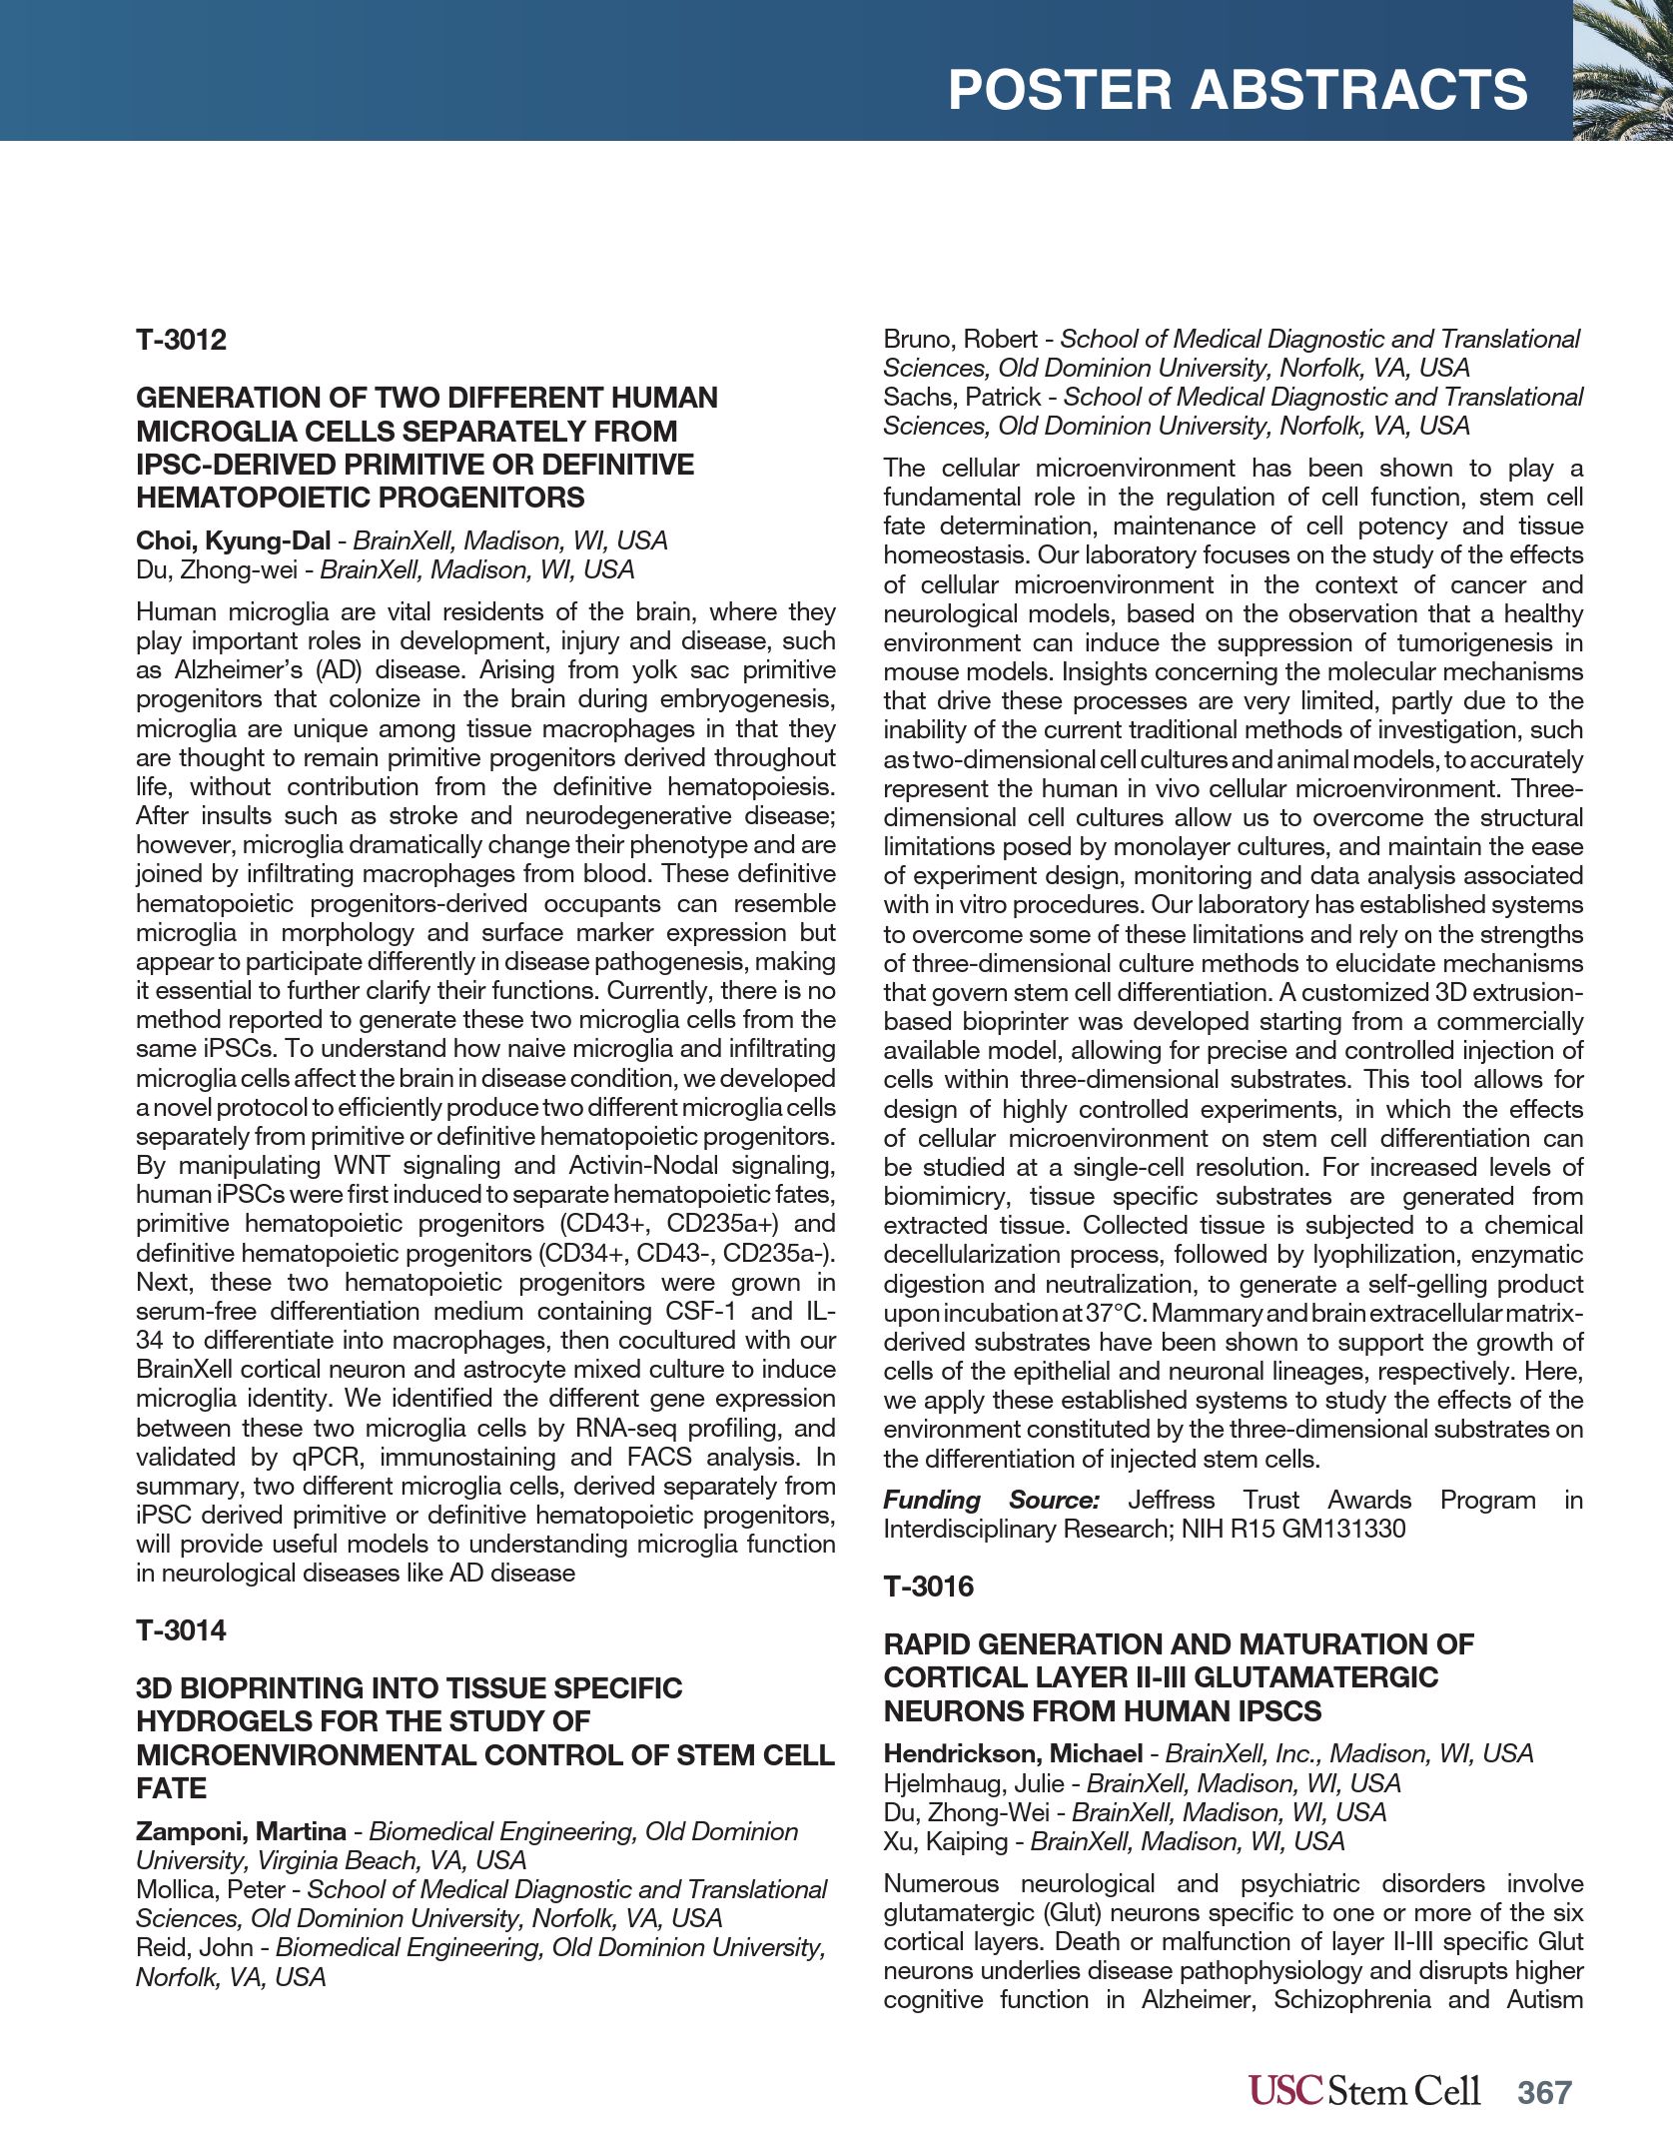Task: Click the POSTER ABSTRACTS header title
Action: pyautogui.click(x=1237, y=90)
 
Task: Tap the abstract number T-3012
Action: pyautogui.click(x=181, y=340)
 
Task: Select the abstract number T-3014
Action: pyautogui.click(x=181, y=1630)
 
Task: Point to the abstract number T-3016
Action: pyautogui.click(x=928, y=1587)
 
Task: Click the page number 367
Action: pyautogui.click(x=1544, y=2092)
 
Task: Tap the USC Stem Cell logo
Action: pyautogui.click(x=1363, y=2090)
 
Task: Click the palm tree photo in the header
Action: pyautogui.click(x=1622, y=70)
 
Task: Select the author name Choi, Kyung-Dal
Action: pyautogui.click(x=233, y=540)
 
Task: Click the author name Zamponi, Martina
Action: pyautogui.click(x=241, y=1831)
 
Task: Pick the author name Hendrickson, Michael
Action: pyautogui.click(x=1012, y=1753)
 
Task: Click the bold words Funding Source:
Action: pyautogui.click(x=991, y=1500)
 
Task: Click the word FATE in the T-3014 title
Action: pyautogui.click(x=171, y=1788)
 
